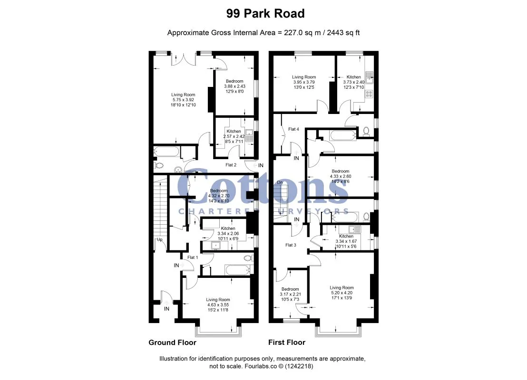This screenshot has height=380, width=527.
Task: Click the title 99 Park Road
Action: click(x=265, y=13)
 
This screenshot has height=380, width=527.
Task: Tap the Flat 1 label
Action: click(x=193, y=257)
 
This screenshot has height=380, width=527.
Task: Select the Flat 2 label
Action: click(x=231, y=165)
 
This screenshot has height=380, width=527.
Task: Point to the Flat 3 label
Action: click(x=291, y=245)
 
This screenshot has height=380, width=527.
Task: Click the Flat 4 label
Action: click(x=293, y=129)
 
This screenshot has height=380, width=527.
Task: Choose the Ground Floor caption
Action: click(x=173, y=342)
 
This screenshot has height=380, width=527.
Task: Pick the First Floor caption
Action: click(x=287, y=342)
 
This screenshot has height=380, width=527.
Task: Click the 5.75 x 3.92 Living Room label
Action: click(x=183, y=100)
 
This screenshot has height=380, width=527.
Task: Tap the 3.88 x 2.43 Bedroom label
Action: click(x=234, y=86)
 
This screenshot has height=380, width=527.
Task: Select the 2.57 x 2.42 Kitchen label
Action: click(x=234, y=136)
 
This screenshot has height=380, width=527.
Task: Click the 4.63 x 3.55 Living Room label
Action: click(x=218, y=305)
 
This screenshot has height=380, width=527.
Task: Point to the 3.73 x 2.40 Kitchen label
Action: click(x=353, y=82)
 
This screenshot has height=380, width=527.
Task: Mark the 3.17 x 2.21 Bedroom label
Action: click(x=291, y=294)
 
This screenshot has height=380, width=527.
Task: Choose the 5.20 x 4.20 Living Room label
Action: click(x=342, y=293)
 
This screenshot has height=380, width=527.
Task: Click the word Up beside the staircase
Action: click(x=160, y=239)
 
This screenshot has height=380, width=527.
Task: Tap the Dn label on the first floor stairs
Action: click(x=280, y=182)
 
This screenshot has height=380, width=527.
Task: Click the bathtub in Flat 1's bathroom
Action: click(x=237, y=270)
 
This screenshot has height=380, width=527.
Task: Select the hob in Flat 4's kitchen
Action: click(x=369, y=94)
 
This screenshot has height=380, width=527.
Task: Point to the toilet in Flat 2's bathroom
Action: click(x=159, y=165)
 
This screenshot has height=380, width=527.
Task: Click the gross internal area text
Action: click(x=263, y=33)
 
